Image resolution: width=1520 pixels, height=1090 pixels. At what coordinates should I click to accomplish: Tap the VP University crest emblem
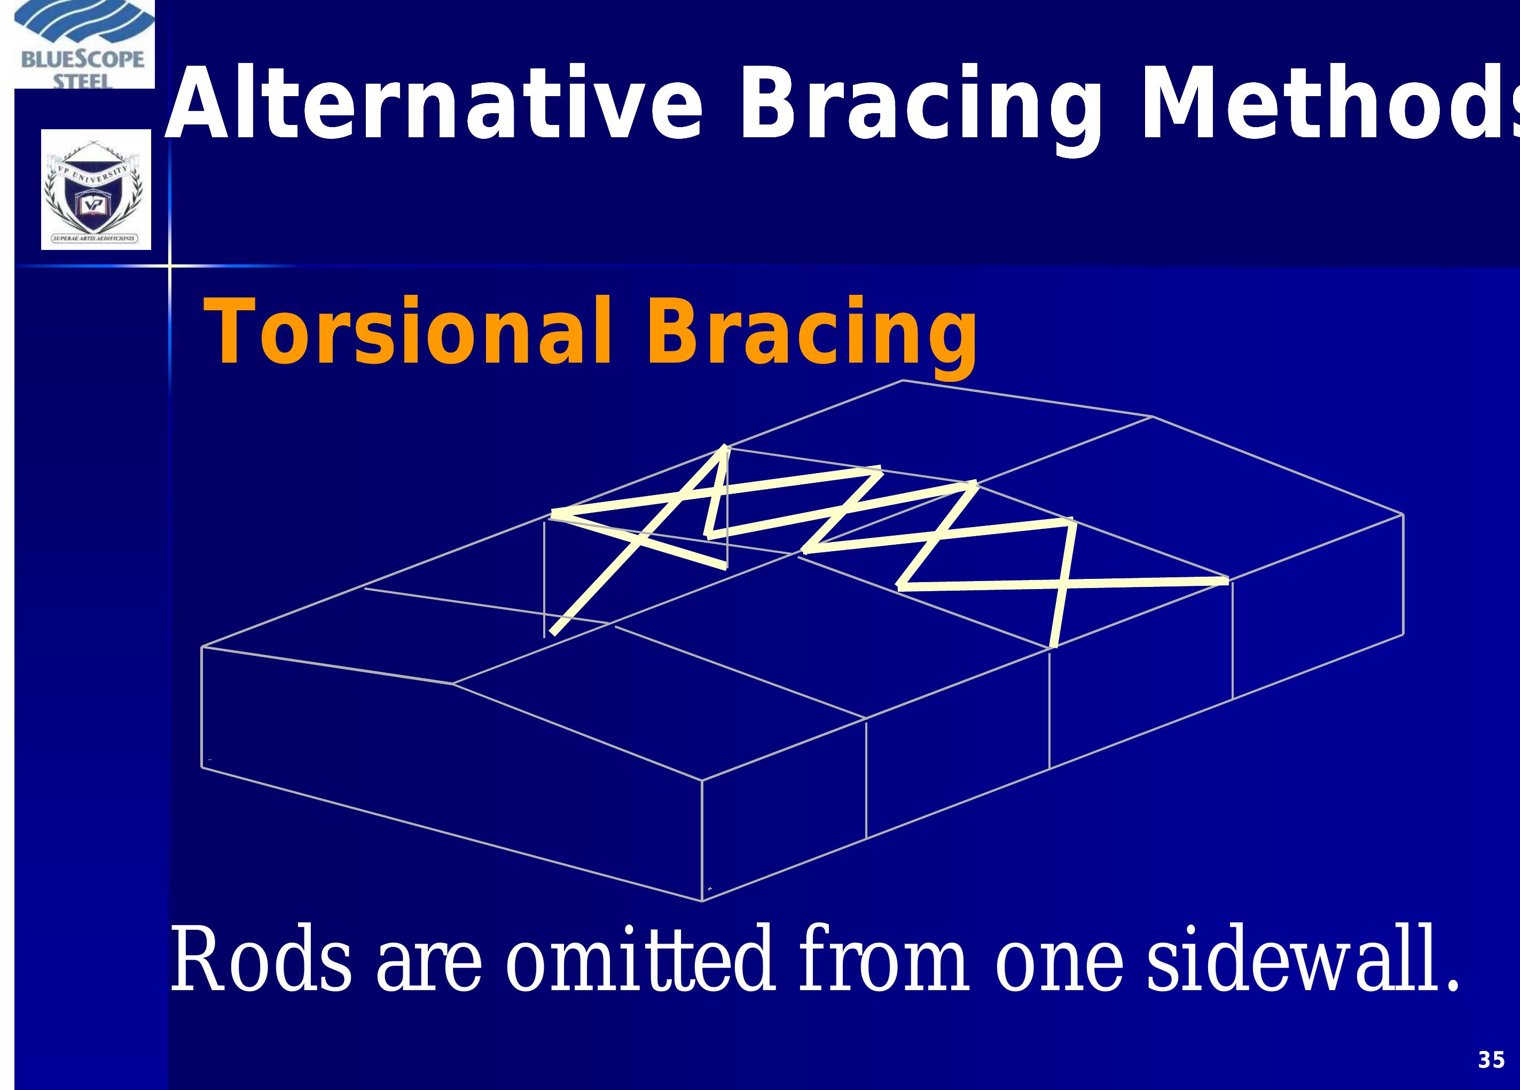coord(95,190)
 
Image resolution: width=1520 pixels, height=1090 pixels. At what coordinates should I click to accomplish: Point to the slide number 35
coord(1491,1061)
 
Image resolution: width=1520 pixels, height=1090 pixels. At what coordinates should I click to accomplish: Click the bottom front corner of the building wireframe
coord(702,901)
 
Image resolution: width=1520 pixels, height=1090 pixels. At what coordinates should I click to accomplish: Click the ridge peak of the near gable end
coord(453,685)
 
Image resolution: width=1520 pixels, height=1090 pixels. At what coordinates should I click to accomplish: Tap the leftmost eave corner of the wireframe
coord(202,647)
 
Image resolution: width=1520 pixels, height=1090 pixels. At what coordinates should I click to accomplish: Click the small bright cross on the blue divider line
coord(169,266)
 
